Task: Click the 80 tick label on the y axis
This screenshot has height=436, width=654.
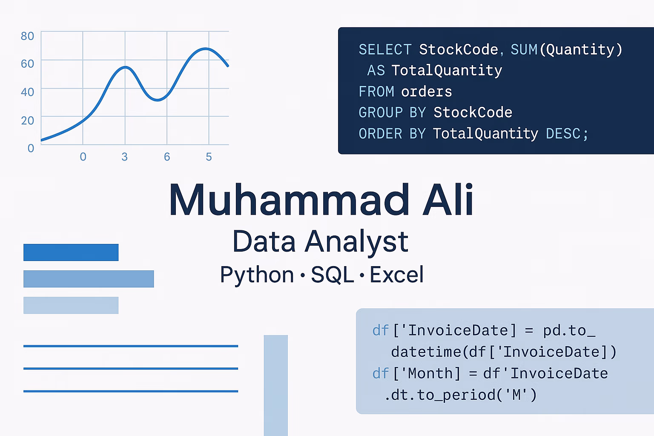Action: click(x=27, y=36)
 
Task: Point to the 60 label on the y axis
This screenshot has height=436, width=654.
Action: click(x=27, y=64)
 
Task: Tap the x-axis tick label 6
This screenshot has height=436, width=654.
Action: click(x=167, y=157)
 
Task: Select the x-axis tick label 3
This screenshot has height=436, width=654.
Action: click(x=125, y=157)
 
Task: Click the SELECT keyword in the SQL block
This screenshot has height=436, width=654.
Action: click(x=385, y=49)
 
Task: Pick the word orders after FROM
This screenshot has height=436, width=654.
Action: click(x=427, y=92)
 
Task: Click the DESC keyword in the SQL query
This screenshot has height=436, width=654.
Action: click(x=563, y=134)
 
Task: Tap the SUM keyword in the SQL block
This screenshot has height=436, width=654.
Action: click(x=524, y=49)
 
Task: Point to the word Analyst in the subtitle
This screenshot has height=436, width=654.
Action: click(x=356, y=242)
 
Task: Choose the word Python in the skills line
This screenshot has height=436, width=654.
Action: click(x=257, y=275)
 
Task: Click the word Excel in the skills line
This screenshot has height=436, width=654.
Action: click(x=397, y=274)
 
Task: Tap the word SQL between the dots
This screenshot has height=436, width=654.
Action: click(x=332, y=275)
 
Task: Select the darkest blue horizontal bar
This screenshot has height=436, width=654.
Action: click(x=71, y=252)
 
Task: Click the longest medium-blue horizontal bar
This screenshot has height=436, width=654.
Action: click(x=89, y=279)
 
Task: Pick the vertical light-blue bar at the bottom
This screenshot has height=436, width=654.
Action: click(x=275, y=385)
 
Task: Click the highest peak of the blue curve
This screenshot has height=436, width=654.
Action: click(x=206, y=49)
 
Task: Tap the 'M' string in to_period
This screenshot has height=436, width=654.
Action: click(x=516, y=395)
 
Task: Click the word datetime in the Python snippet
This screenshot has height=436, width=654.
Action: click(x=426, y=352)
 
